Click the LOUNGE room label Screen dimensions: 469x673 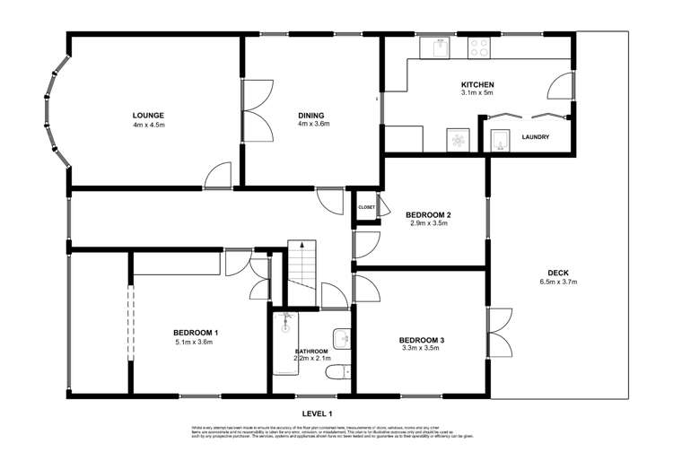148,115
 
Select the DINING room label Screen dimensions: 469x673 312,115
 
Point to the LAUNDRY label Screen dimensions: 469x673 534,137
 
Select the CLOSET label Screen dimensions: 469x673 366,207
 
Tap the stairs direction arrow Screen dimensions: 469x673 303,244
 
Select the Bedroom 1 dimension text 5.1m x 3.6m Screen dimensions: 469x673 196,342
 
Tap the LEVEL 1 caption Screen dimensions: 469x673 317,413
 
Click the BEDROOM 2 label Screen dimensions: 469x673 427,215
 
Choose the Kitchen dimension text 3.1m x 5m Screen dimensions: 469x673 477,92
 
